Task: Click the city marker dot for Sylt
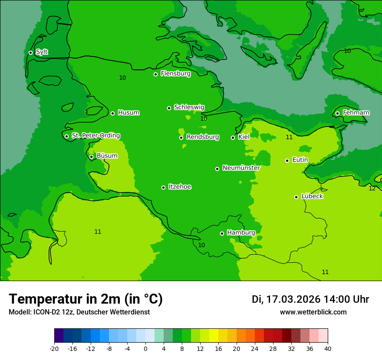(30, 52)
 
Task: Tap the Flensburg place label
(175, 74)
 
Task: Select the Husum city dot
(112, 113)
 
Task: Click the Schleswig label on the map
(189, 107)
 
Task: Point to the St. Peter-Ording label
(95, 136)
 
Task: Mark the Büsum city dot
(91, 157)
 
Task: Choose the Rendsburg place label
(202, 137)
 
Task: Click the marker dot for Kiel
(233, 137)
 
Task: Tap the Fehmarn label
(356, 113)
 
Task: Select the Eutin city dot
(287, 160)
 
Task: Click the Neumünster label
(241, 168)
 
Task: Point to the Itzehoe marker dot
(163, 187)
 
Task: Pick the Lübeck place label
(312, 196)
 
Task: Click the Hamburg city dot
(222, 233)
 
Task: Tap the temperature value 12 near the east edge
(372, 188)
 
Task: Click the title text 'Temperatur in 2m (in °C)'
(86, 299)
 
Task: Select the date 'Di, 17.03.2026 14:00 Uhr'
(310, 299)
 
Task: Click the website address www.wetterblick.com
(313, 312)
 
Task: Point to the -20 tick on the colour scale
(54, 349)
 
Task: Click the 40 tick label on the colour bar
(327, 349)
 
